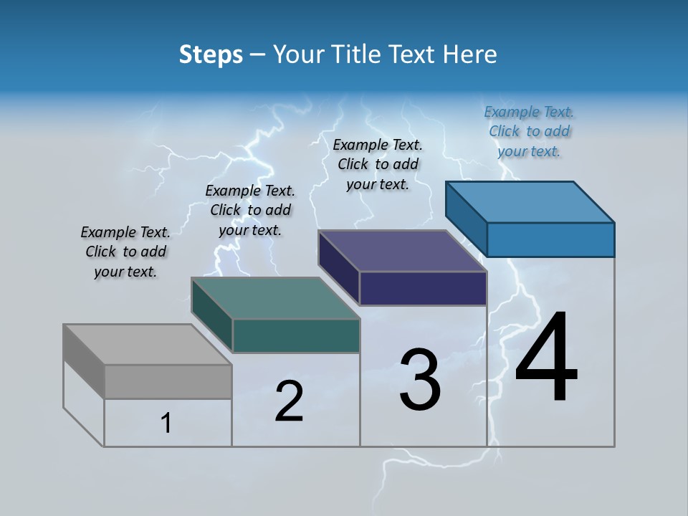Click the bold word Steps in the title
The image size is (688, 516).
coord(211,54)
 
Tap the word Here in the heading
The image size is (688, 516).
coord(469,54)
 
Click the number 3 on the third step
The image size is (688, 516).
coord(420,379)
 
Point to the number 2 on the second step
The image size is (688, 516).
coord(289,401)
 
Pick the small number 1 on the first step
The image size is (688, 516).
coord(166,423)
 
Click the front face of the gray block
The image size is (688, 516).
coord(168,382)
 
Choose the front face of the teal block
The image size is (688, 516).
coord(296,335)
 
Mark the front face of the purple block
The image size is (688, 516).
coord(423,288)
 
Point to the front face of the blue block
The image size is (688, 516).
coord(550,239)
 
